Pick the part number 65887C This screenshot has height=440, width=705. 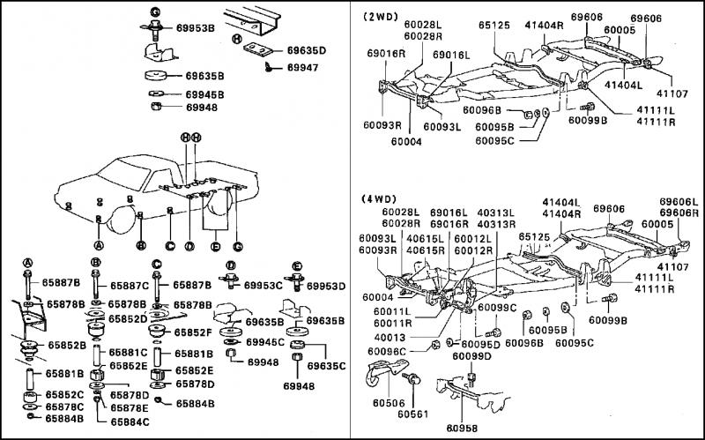(130, 286)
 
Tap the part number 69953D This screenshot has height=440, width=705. (327, 286)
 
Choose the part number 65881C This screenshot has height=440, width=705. (130, 354)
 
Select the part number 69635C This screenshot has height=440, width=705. (327, 363)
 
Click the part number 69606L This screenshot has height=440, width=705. (681, 202)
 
